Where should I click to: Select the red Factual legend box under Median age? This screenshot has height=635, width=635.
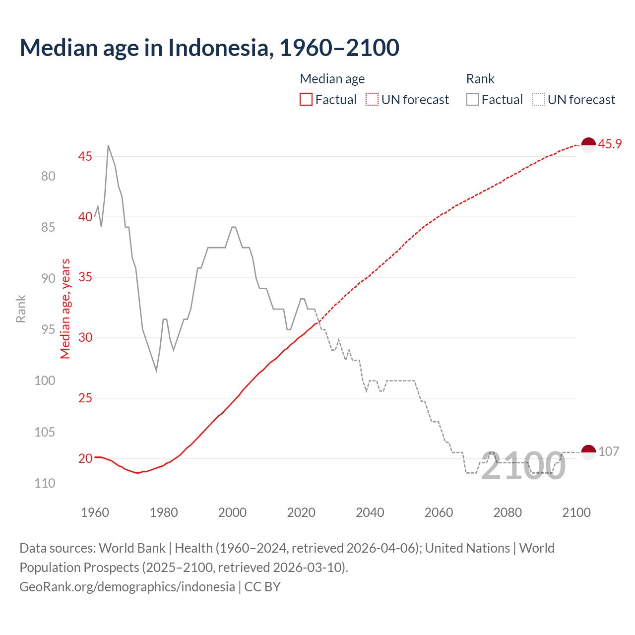pyautogui.click(x=306, y=100)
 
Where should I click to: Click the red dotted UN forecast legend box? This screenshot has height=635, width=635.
pyautogui.click(x=372, y=100)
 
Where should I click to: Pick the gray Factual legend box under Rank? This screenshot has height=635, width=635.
pyautogui.click(x=473, y=100)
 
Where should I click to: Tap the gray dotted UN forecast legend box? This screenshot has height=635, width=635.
pyautogui.click(x=539, y=100)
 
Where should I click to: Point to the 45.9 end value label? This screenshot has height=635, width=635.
pyautogui.click(x=610, y=144)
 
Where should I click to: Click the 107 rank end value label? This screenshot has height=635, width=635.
pyautogui.click(x=609, y=451)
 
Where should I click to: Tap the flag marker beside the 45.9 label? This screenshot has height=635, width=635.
pyautogui.click(x=588, y=145)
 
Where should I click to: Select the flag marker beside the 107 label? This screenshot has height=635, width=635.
pyautogui.click(x=588, y=452)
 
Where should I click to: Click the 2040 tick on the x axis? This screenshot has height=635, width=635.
pyautogui.click(x=370, y=512)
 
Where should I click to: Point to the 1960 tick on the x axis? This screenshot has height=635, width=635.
pyautogui.click(x=95, y=512)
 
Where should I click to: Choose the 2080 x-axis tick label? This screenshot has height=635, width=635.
pyautogui.click(x=508, y=512)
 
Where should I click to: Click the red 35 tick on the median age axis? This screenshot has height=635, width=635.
pyautogui.click(x=85, y=277)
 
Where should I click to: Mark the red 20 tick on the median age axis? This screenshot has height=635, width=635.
pyautogui.click(x=85, y=458)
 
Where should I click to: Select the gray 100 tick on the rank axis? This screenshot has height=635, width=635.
pyautogui.click(x=45, y=381)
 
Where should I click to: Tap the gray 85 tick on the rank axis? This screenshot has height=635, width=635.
pyautogui.click(x=48, y=227)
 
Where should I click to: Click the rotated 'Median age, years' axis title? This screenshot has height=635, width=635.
pyautogui.click(x=65, y=309)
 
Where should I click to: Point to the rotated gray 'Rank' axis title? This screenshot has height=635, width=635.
pyautogui.click(x=21, y=309)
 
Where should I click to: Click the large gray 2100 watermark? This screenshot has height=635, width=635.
pyautogui.click(x=523, y=466)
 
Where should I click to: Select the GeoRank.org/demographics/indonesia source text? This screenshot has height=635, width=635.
pyautogui.click(x=127, y=587)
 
